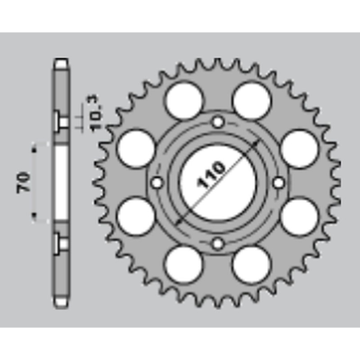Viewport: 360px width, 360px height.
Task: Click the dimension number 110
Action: [211, 175]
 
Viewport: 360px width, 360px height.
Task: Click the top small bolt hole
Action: [218, 122]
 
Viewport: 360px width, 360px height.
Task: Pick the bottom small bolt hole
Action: [218, 243]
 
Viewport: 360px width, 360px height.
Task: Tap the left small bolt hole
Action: [157, 183]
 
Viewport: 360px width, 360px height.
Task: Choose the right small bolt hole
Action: [279, 183]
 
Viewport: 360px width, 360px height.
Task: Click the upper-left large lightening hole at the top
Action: [184, 100]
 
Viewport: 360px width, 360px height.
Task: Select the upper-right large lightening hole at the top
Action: [252, 100]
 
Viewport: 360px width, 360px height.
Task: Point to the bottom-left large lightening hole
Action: [184, 265]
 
